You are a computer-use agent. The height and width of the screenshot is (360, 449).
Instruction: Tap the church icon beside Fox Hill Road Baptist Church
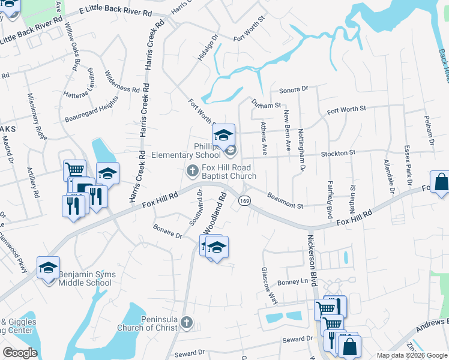[193, 172]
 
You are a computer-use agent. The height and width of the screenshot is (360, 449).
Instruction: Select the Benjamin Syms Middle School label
[87, 279]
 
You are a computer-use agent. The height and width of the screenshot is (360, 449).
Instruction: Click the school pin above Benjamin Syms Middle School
[49, 268]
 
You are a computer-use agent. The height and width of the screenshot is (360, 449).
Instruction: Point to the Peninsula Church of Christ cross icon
[187, 323]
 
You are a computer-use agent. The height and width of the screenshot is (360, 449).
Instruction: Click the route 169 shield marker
[244, 200]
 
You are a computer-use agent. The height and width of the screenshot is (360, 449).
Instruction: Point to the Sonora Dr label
[294, 89]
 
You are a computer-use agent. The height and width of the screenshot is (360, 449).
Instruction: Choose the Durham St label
[266, 104]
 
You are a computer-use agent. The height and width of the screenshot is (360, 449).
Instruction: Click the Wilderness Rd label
[122, 83]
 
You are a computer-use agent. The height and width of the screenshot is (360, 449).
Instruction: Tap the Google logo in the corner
[20, 353]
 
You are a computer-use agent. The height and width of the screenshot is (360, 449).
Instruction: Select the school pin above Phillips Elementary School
[223, 134]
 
